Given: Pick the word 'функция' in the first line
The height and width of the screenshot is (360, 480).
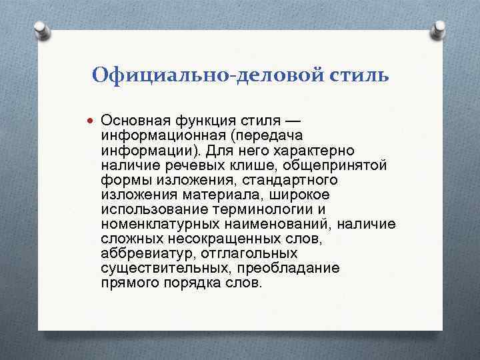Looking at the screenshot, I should point(198,120).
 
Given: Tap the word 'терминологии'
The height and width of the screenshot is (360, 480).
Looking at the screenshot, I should point(253,209).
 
